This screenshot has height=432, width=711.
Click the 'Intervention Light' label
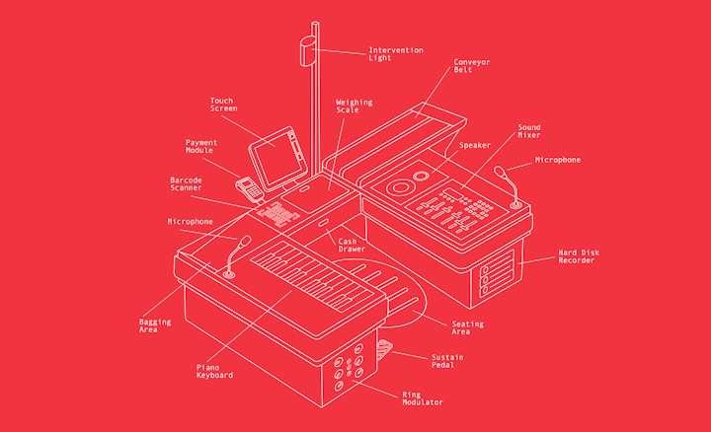pos(395,53)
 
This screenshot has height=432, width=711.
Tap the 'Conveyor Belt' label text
pos(471,66)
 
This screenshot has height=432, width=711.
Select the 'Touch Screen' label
pos(222,104)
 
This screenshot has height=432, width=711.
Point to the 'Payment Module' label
pos(201,146)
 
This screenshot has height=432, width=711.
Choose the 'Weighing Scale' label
pos(353,106)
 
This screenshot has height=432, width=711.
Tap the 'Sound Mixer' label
pos(529,131)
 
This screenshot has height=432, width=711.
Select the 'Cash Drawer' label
pos(353,245)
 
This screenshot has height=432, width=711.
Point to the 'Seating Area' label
pos(467,327)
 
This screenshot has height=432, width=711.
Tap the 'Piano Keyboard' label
pos(214,371)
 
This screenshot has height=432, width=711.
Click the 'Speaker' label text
pos(474,145)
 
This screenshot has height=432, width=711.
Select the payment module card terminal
pos(246,185)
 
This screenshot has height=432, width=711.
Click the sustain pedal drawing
pos(386,349)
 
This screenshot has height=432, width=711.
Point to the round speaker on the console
pos(403,185)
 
